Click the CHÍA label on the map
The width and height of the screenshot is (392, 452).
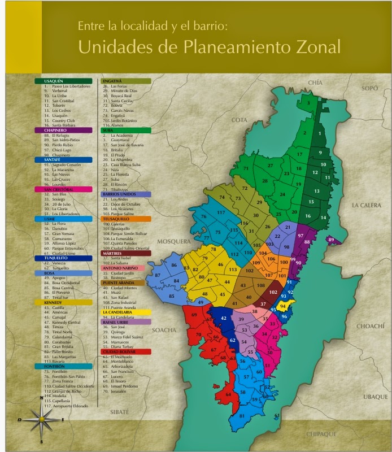[315, 82]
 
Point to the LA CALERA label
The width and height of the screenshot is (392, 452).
[367, 205]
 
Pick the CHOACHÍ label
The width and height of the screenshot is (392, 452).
[370, 327]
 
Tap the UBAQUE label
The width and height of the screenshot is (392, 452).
[375, 397]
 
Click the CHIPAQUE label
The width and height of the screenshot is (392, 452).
[321, 434]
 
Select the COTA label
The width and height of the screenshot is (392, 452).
[239, 120]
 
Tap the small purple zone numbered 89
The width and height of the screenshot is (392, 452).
[332, 240]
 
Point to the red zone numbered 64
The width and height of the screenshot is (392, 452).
[228, 394]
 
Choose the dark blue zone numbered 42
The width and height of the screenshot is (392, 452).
[224, 319]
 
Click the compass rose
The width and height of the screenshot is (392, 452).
[41, 420]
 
